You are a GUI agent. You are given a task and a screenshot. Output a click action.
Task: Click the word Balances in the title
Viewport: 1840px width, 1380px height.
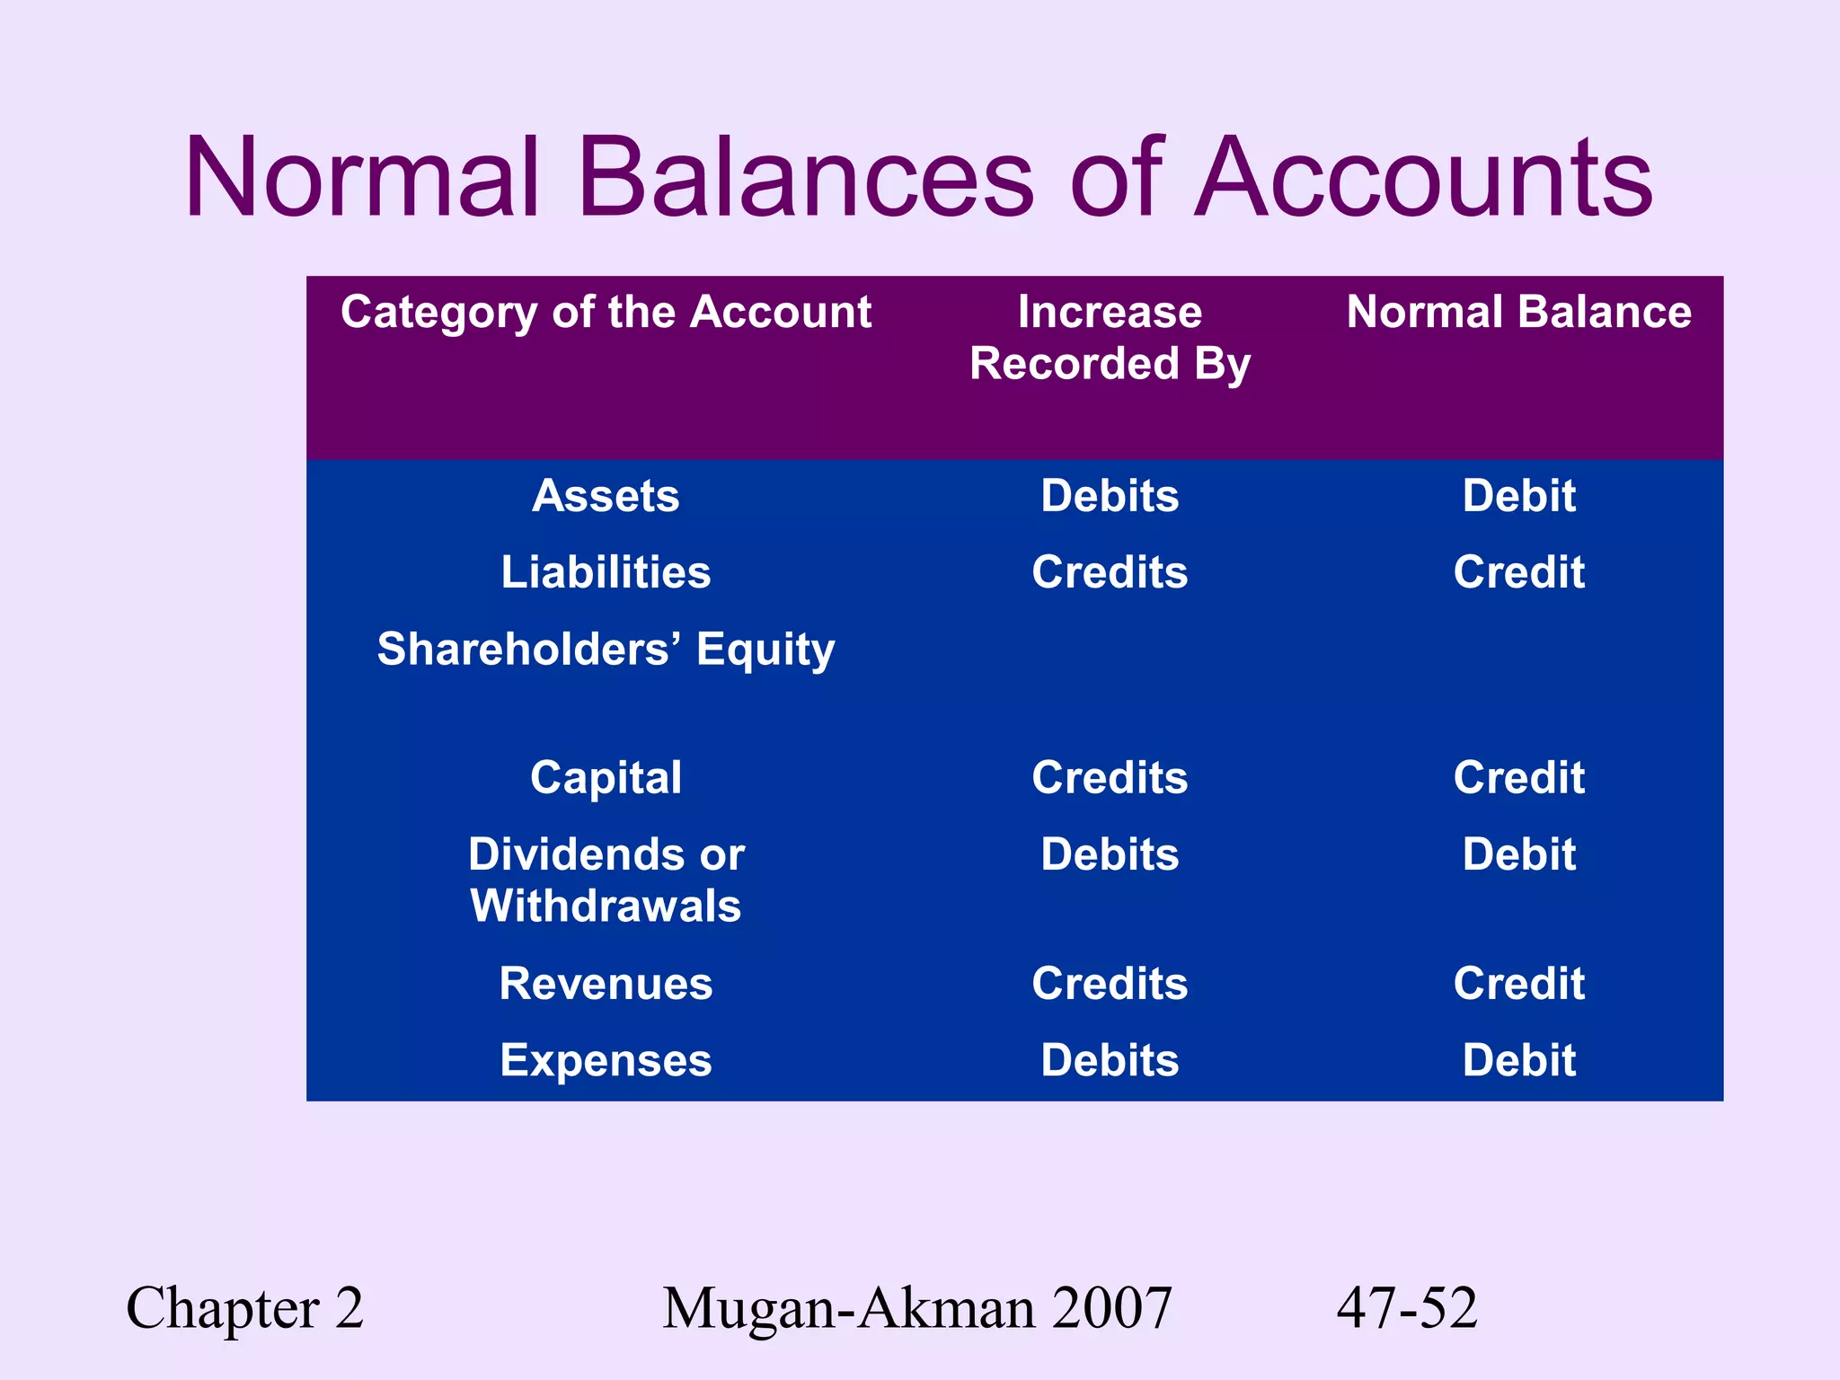[x=806, y=177]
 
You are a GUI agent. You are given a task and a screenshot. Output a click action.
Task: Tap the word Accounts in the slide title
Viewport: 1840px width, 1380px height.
[x=1423, y=177]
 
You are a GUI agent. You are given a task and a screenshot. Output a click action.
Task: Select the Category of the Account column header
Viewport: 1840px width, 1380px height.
[x=606, y=313]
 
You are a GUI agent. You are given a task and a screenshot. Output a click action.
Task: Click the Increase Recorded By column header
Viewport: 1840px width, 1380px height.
[x=1110, y=338]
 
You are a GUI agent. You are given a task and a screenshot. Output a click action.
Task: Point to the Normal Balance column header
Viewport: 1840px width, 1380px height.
[x=1518, y=313]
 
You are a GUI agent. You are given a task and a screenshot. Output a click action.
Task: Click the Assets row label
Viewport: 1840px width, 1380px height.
[x=606, y=496]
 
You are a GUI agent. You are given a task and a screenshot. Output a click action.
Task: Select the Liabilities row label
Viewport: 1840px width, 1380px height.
[x=606, y=572]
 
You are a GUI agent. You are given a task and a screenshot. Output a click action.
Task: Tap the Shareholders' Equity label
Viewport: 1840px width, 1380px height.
[x=606, y=650]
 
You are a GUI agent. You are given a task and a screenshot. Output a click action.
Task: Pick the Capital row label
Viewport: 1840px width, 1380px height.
[x=606, y=778]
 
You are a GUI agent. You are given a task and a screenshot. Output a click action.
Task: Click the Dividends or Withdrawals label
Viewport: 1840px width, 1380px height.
[x=606, y=880]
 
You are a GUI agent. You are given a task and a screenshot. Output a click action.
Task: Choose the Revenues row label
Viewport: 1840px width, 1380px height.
[x=606, y=984]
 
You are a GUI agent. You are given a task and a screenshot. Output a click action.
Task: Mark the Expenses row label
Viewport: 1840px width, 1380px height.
[x=606, y=1061]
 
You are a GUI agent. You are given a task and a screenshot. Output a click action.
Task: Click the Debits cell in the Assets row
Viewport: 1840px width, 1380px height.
[x=1110, y=496]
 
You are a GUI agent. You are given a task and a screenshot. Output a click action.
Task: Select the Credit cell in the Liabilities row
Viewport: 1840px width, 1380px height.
[x=1518, y=572]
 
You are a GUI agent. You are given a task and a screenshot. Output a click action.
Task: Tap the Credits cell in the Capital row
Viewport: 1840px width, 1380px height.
[x=1110, y=778]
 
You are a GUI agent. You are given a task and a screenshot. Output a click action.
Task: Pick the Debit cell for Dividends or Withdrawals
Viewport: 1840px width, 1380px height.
[x=1518, y=854]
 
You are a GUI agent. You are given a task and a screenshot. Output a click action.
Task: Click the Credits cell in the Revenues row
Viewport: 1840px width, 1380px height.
[x=1110, y=984]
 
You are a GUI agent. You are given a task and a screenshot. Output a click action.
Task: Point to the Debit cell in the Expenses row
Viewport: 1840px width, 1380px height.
[x=1518, y=1061]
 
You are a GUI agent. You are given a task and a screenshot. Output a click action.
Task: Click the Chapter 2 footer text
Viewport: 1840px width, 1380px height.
[x=244, y=1309]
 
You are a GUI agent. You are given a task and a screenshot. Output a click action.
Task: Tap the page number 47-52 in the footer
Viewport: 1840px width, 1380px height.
[x=1407, y=1309]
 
